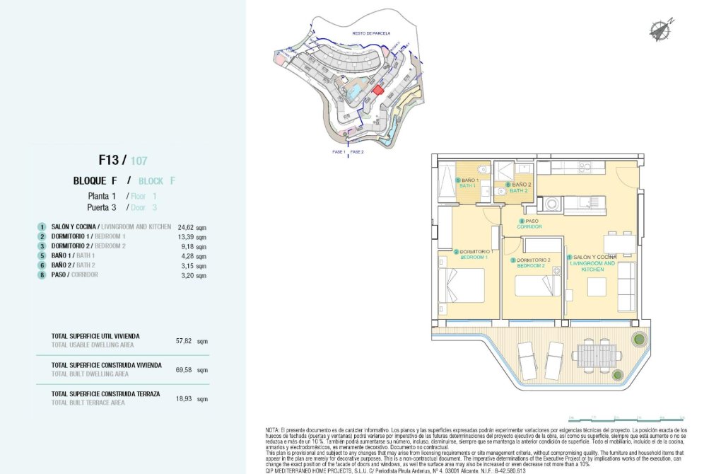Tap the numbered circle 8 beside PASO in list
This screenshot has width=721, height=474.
(x=42, y=274)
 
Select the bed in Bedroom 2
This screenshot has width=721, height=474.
(x=534, y=286)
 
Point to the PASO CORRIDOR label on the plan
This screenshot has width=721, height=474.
(x=531, y=224)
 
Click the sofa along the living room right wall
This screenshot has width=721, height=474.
(x=626, y=287)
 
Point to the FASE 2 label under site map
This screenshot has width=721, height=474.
(x=357, y=152)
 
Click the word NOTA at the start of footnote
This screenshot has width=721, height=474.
(x=273, y=430)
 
